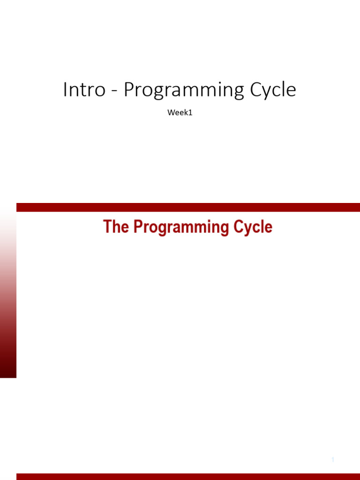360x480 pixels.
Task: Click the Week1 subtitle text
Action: pyautogui.click(x=180, y=113)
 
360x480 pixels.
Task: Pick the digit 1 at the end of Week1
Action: pyautogui.click(x=191, y=113)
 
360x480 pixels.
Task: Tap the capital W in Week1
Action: pyautogui.click(x=171, y=113)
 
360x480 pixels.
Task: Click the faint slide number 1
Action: pyautogui.click(x=333, y=460)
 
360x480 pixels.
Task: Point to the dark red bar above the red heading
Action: pyautogui.click(x=187, y=207)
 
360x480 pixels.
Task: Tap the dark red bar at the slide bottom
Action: pyautogui.click(x=187, y=476)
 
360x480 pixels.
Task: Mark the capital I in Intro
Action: pyautogui.click(x=65, y=90)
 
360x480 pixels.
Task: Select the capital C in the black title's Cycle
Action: pyautogui.click(x=257, y=90)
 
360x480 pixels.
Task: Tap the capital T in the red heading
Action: pyautogui.click(x=107, y=227)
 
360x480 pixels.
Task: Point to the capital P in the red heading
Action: pyautogui.click(x=138, y=227)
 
